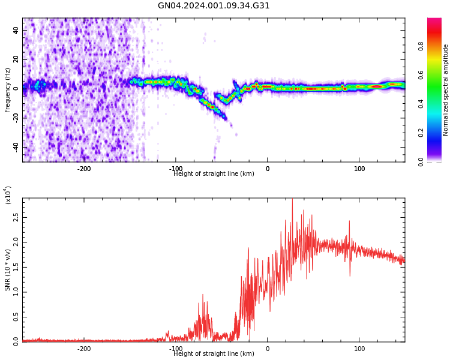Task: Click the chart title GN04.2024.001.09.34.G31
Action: [214, 6]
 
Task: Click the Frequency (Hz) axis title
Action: [8, 90]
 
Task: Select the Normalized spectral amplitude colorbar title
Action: [446, 90]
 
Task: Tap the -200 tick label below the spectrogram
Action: [84, 169]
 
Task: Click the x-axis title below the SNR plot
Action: [214, 354]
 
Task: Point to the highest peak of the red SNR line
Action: [292, 200]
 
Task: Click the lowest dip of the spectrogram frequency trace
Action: [226, 119]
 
